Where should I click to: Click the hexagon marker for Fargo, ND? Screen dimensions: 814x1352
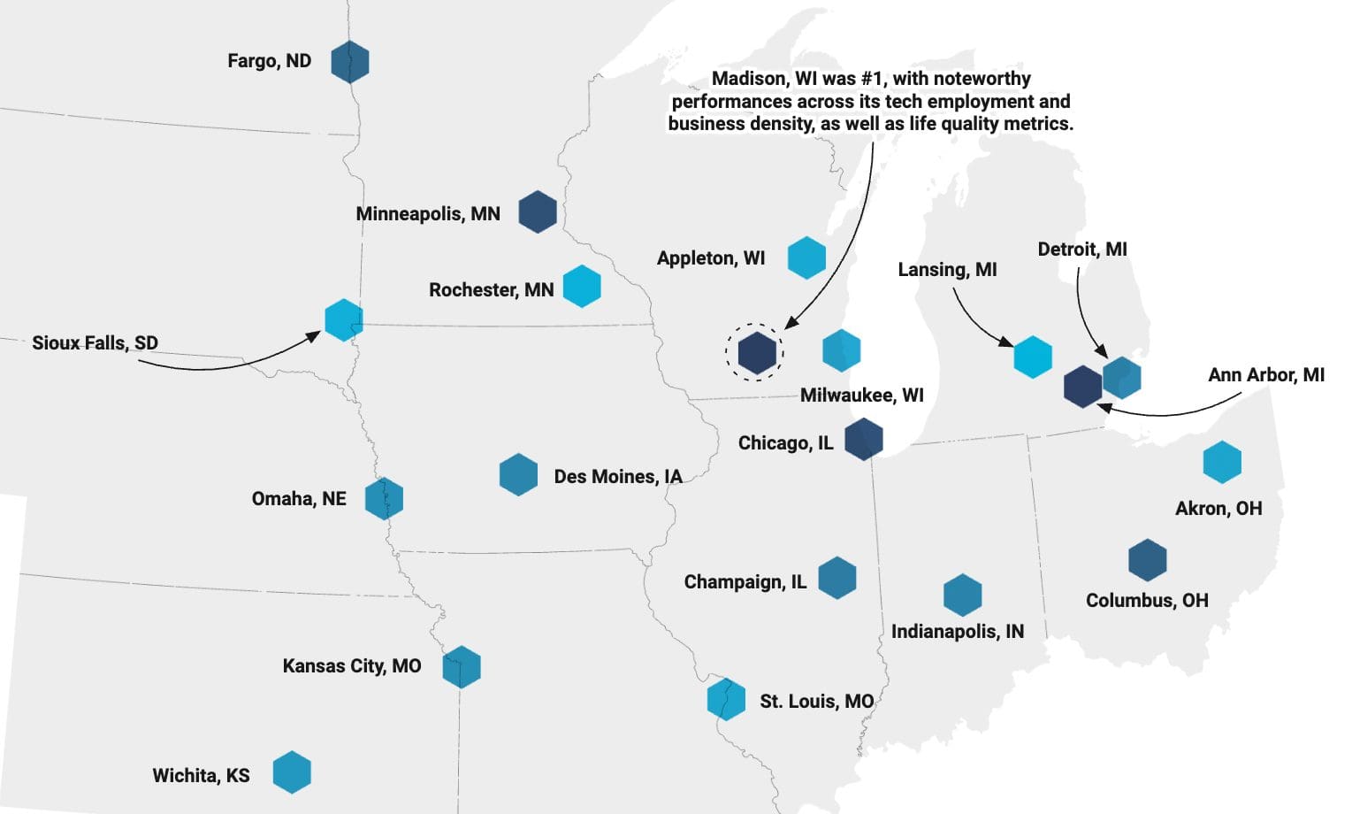point(349,62)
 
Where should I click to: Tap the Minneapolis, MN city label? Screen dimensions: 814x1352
point(428,214)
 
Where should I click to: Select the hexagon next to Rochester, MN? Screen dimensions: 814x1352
point(582,286)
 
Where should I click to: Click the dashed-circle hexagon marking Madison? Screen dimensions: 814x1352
point(756,352)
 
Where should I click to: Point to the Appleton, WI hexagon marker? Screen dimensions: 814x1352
point(806,257)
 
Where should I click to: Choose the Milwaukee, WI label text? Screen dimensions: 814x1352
point(861,395)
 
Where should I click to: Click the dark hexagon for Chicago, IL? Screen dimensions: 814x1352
point(863,440)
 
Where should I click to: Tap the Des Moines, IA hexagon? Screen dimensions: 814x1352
point(518,474)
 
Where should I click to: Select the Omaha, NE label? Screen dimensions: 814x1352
point(299,499)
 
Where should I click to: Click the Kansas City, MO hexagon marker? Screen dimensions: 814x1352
point(461,666)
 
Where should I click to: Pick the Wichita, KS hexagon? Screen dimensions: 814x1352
point(291,772)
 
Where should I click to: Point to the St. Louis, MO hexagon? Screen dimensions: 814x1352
point(726,699)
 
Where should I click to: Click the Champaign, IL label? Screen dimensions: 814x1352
point(745,582)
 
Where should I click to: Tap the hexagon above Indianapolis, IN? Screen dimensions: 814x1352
point(962,595)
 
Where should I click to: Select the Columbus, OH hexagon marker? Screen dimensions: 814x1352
point(1148,560)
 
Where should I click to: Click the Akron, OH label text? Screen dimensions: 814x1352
point(1218,509)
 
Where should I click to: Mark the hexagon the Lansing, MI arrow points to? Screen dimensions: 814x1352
point(1032,357)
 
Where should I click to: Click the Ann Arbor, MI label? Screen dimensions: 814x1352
point(1265,375)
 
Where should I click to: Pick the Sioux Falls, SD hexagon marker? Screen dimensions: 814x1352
point(343,319)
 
